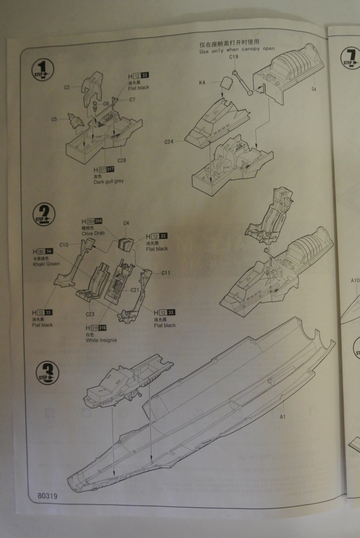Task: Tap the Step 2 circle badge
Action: (x=44, y=214)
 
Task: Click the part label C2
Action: (x=68, y=87)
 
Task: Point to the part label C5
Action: (x=54, y=119)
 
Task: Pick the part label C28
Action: (x=121, y=160)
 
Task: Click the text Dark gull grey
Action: (x=109, y=181)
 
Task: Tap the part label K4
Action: (x=202, y=82)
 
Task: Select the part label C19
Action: (x=234, y=57)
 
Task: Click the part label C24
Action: (x=169, y=142)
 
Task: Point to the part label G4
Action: (x=313, y=89)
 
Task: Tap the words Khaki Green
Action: (x=46, y=264)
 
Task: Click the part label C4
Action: (x=126, y=223)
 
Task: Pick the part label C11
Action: (x=166, y=273)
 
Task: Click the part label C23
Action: (x=90, y=315)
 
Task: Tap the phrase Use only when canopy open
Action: (x=237, y=51)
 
